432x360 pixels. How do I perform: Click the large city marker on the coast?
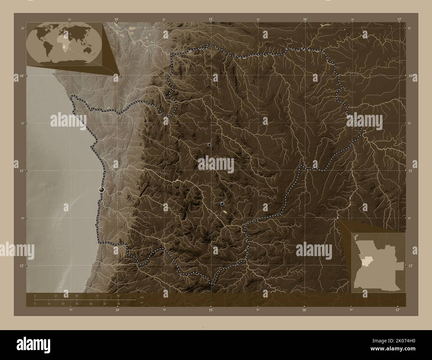[101, 189]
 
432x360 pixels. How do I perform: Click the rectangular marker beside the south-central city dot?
[226, 211]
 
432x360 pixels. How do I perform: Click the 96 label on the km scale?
[118, 296]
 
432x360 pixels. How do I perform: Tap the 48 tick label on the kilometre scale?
[76, 296]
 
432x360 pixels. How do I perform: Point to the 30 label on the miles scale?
[76, 304]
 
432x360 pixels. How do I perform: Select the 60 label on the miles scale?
[118, 304]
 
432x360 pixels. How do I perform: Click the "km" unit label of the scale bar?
[142, 297]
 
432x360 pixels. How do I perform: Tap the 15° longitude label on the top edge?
[211, 20]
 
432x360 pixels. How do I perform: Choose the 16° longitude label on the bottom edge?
[304, 310]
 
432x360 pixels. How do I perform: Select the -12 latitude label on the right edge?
[410, 266]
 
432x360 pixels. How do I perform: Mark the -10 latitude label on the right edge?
[410, 76]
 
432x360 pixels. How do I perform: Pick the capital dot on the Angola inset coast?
[359, 253]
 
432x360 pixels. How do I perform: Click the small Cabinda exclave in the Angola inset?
[356, 236]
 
